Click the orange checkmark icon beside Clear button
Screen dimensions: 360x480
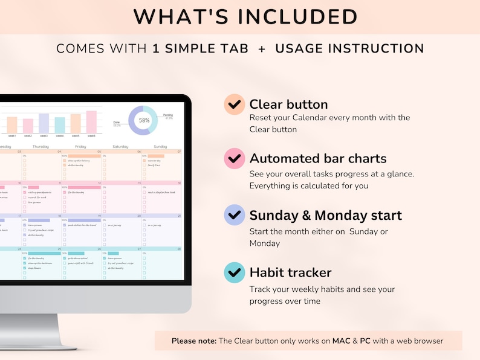click(x=234, y=104)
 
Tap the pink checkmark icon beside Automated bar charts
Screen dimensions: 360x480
click(x=234, y=159)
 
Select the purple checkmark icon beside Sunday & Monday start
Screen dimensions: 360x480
click(x=234, y=215)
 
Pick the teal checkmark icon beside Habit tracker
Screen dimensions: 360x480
click(x=234, y=273)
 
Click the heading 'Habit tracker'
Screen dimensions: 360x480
click(x=290, y=273)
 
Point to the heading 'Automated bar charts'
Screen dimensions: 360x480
click(x=318, y=159)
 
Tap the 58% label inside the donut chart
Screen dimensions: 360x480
click(x=144, y=120)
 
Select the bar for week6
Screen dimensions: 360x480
click(x=91, y=121)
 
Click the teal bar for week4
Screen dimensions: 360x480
click(x=60, y=125)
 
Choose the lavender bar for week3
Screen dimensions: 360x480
click(x=44, y=123)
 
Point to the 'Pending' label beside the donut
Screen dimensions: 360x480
click(x=168, y=114)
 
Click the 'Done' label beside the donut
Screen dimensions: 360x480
click(x=117, y=122)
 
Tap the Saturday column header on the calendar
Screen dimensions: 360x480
click(x=120, y=146)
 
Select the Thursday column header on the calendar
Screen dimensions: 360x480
click(x=41, y=146)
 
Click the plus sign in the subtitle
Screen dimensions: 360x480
click(x=262, y=49)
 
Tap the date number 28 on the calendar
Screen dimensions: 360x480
click(x=179, y=249)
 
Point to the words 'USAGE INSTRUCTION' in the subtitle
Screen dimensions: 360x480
click(x=349, y=49)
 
